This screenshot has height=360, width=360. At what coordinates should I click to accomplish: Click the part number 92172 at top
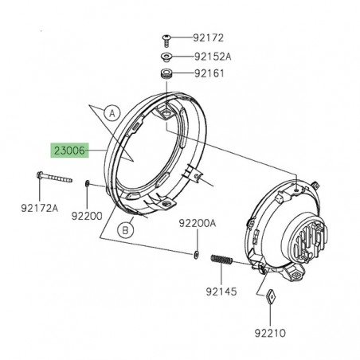click(x=208, y=37)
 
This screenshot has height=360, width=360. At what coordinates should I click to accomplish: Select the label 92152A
click(x=211, y=57)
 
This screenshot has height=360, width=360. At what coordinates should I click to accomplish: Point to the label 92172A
click(x=39, y=209)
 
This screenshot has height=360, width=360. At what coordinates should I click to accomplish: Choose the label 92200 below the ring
click(x=88, y=214)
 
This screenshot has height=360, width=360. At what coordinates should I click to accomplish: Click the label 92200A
click(x=197, y=225)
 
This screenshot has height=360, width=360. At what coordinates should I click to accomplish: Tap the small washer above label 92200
click(x=86, y=185)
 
